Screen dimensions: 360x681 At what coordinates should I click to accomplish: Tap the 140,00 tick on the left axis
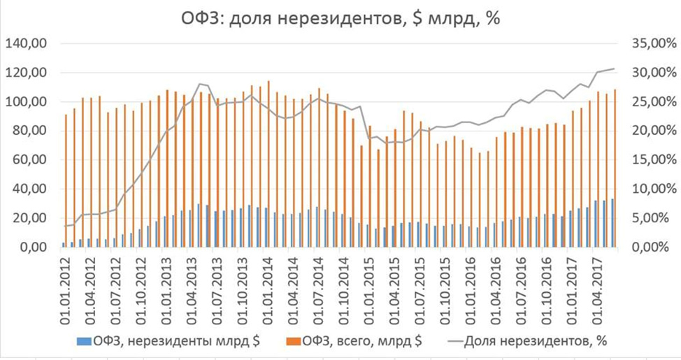(26, 44)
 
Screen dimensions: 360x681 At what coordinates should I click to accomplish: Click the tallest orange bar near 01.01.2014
(268, 163)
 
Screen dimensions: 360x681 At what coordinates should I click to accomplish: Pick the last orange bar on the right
(615, 168)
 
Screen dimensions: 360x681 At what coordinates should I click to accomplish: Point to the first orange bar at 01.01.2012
(66, 180)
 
